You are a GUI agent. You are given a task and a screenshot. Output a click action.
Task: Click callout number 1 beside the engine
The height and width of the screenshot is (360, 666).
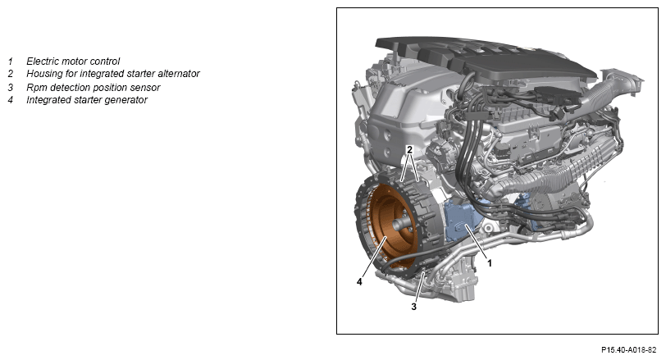pos(490,263)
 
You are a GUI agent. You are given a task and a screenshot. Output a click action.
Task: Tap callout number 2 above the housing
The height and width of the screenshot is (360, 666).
pos(409,150)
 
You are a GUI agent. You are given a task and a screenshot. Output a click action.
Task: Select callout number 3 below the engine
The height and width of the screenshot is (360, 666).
pos(414,307)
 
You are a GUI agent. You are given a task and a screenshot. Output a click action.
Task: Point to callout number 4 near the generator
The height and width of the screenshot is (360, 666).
pos(359,282)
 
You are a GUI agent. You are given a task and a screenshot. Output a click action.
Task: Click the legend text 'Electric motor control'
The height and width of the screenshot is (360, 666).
pos(73,62)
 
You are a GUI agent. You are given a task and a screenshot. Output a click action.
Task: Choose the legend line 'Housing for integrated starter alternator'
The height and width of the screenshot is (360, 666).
pos(113,74)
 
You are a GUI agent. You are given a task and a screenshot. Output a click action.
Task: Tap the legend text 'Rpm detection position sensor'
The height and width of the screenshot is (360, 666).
pos(93,88)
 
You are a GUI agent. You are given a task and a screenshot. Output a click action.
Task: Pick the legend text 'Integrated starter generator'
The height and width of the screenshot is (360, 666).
pos(87,100)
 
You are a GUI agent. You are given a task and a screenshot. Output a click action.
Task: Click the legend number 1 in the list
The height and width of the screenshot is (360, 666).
pos(11,62)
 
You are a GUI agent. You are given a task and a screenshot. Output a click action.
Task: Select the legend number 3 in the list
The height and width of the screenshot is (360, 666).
pos(11,88)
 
